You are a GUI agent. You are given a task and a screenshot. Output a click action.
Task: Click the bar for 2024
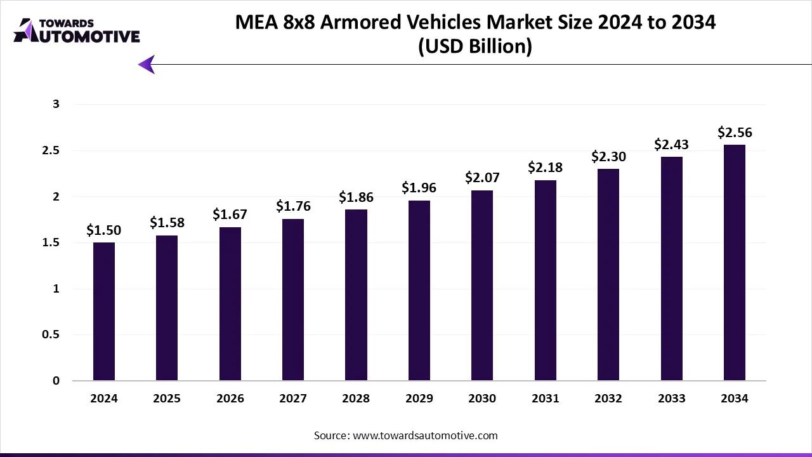[x=104, y=312]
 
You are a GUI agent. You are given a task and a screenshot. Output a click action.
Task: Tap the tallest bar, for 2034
[x=734, y=263]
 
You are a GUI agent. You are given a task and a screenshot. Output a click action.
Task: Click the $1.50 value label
[x=104, y=230]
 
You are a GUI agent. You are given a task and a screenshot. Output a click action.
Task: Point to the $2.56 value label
[x=735, y=132]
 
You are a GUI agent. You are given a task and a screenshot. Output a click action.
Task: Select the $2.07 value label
[x=482, y=177]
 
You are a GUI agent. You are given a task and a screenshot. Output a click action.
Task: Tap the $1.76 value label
[x=293, y=206]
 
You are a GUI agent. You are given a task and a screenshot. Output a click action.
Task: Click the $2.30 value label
[x=608, y=156]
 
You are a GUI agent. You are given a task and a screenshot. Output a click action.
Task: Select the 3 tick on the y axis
[x=56, y=104]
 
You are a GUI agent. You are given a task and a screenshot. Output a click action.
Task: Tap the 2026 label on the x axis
[x=230, y=399]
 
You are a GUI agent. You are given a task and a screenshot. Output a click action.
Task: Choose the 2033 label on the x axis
[x=671, y=399]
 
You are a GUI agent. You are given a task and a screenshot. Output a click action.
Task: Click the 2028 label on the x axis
[x=356, y=399]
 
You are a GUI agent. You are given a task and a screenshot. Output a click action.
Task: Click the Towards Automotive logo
[x=76, y=30]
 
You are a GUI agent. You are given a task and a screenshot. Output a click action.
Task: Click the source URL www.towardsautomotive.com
[x=424, y=435]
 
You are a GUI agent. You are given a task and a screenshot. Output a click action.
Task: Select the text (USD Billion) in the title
[x=475, y=46]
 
